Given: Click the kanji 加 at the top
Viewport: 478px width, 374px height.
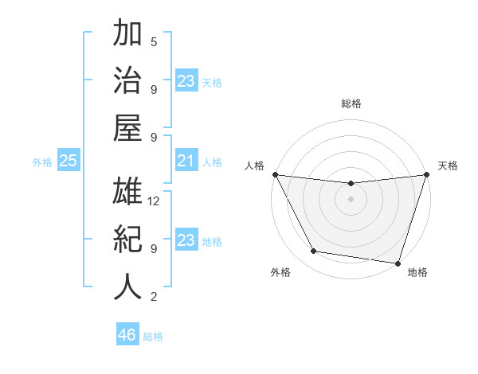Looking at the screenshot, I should (x=127, y=34).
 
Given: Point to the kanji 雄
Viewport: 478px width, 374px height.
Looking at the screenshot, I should (x=127, y=193).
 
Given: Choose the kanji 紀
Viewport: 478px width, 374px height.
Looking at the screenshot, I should (x=127, y=240).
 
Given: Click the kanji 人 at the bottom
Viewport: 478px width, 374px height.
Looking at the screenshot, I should (x=127, y=286).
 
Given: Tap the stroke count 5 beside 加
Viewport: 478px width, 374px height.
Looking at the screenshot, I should (x=154, y=42).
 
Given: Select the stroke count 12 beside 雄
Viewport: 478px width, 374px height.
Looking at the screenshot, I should (x=155, y=201).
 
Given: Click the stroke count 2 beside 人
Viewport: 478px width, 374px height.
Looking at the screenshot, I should (x=154, y=297).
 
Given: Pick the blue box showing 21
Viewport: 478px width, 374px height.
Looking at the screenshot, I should (x=186, y=162).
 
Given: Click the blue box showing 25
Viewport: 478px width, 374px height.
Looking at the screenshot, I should (x=68, y=162).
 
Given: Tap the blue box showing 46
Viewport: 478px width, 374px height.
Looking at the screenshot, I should (x=127, y=335).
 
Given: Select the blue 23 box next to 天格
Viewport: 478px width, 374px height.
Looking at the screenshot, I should (x=186, y=81).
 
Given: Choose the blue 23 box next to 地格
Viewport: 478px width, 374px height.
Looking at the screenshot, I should (x=186, y=241).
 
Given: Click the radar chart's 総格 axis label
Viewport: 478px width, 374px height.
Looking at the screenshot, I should (x=351, y=103).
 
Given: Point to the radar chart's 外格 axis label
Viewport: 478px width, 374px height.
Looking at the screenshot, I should (x=280, y=273).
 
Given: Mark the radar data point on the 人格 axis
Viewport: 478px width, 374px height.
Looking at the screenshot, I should (x=275, y=174).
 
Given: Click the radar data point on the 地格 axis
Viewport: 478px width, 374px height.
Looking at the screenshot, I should (x=398, y=263).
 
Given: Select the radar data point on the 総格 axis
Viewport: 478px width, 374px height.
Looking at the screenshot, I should (x=351, y=184).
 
